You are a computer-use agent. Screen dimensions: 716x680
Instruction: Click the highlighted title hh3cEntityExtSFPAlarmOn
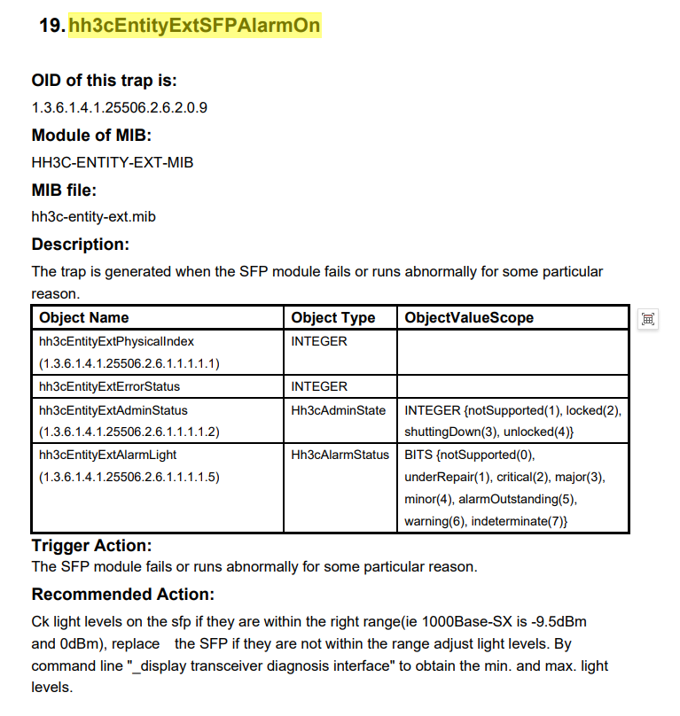coord(194,26)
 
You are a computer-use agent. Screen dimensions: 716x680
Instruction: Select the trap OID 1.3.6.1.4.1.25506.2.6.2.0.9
coord(120,108)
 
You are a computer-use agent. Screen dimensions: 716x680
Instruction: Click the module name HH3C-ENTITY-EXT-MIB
coord(112,162)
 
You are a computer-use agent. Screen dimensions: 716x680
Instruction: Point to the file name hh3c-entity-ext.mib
coord(94,216)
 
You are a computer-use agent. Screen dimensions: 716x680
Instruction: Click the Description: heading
coord(81,244)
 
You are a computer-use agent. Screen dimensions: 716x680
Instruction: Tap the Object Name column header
coord(84,317)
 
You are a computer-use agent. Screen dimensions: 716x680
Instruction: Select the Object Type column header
coord(333,317)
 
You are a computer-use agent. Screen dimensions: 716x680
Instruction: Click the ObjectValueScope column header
coord(469,317)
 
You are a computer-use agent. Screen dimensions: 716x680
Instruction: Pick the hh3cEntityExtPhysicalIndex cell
coord(116,341)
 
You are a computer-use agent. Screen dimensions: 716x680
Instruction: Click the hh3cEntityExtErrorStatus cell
coord(110,386)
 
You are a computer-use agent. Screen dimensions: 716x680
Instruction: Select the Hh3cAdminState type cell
coord(338,410)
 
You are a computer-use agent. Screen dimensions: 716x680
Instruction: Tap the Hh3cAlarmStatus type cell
coord(340,455)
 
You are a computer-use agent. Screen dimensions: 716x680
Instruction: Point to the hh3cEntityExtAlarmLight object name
coord(108,455)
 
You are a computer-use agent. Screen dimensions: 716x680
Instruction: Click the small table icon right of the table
coord(648,319)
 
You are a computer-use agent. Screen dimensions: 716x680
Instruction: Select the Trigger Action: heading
coord(91,546)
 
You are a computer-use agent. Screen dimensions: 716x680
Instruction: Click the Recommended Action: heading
coord(122,594)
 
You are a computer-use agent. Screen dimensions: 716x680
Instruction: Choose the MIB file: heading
coord(64,190)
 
